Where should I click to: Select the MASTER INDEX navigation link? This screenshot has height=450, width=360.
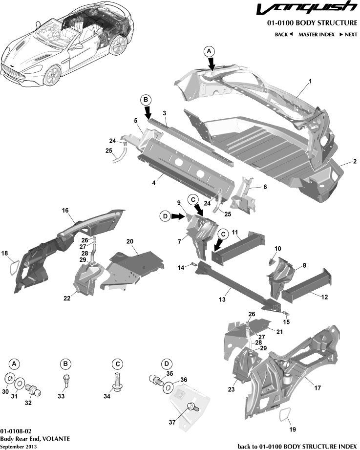pyautogui.click(x=316, y=35)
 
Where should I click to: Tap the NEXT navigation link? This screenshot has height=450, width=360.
pyautogui.click(x=348, y=35)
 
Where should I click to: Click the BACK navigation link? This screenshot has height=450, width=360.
pyautogui.click(x=283, y=35)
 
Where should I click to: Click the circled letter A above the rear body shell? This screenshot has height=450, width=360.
pyautogui.click(x=209, y=51)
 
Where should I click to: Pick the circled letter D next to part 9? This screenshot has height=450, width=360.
pyautogui.click(x=165, y=215)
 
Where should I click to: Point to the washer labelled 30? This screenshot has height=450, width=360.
pyautogui.click(x=9, y=379)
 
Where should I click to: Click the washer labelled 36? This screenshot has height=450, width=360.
pyautogui.click(x=167, y=388)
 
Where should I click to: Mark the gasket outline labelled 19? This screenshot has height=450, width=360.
pyautogui.click(x=283, y=416)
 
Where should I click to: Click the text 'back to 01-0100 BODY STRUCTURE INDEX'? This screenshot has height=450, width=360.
pyautogui.click(x=297, y=446)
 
